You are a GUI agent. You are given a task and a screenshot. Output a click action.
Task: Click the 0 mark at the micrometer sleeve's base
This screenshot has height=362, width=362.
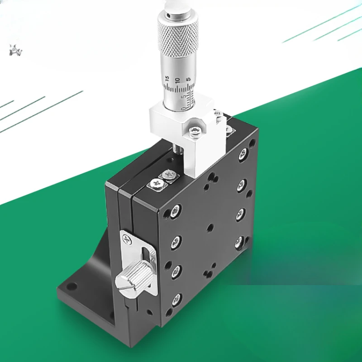pyautogui.click(x=183, y=108)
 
